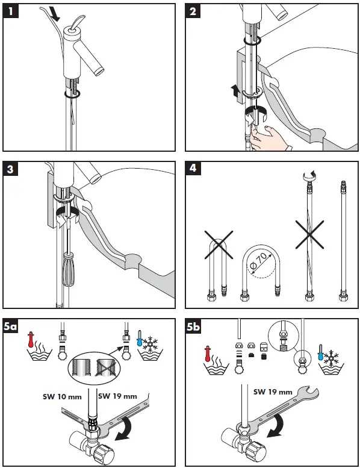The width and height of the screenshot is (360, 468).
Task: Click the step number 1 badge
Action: point(11,11)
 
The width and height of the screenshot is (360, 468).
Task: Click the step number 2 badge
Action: point(193,11)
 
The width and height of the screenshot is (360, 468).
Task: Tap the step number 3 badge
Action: point(11,169)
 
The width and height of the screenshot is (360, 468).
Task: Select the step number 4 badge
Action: point(193,168)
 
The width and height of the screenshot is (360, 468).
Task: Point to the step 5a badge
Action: point(11,326)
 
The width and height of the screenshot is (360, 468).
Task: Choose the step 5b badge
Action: point(193,326)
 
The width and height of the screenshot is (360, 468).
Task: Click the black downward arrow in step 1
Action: point(55,14)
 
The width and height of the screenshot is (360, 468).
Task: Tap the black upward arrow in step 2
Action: point(235,91)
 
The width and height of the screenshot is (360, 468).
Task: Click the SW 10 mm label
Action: point(62,397)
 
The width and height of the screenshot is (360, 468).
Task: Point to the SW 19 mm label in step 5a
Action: point(117,396)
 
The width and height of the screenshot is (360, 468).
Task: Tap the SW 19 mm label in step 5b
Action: point(273,392)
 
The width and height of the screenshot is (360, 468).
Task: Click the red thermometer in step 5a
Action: point(31,339)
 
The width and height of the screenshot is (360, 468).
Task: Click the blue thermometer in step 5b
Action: point(321,352)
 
